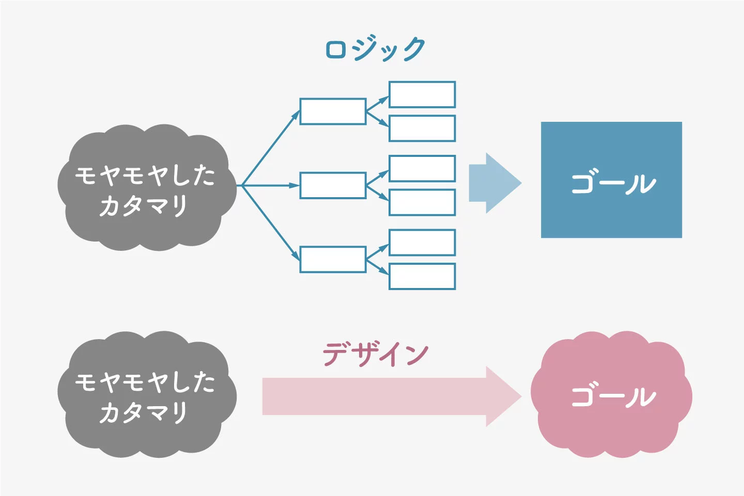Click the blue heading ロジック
(x=375, y=49)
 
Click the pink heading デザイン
(x=375, y=354)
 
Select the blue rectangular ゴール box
(x=612, y=180)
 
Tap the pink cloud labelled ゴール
(x=611, y=394)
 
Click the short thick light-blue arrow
(x=495, y=183)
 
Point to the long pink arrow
(x=392, y=396)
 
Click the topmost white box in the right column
(x=422, y=94)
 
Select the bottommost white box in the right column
(x=422, y=276)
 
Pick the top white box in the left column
(x=333, y=111)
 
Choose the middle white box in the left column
(x=333, y=185)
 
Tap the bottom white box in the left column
(x=333, y=260)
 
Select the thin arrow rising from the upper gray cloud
(x=271, y=148)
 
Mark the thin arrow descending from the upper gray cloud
(x=271, y=223)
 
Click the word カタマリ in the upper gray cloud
(x=144, y=206)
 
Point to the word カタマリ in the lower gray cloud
(x=144, y=412)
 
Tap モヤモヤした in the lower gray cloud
(x=145, y=382)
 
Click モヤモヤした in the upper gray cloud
(x=145, y=175)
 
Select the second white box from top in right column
(x=422, y=129)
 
